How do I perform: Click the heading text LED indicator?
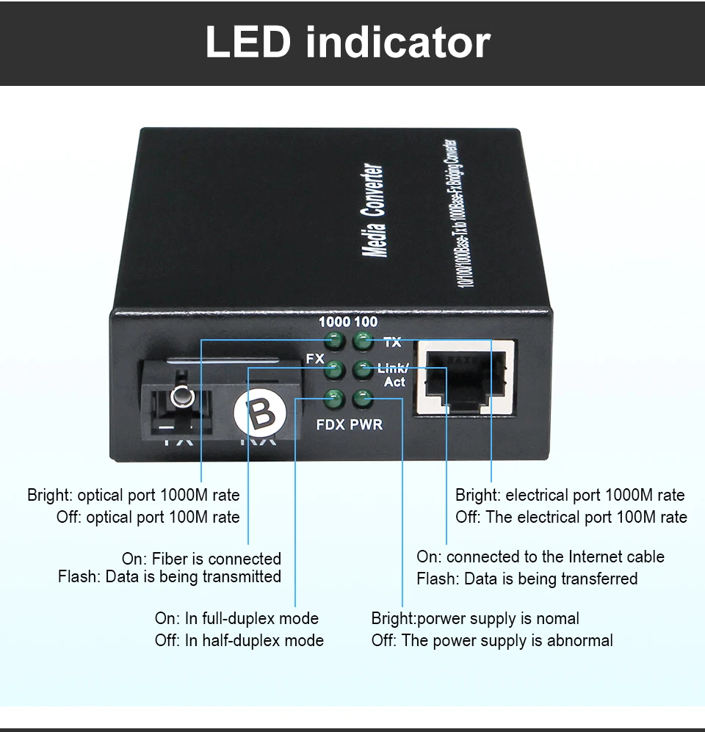point(347,43)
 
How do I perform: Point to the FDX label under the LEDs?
point(330,424)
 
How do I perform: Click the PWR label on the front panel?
point(366,424)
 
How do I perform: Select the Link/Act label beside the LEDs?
point(393,375)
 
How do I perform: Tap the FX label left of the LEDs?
point(314,359)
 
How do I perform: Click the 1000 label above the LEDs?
point(334,322)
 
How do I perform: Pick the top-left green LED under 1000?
point(335,341)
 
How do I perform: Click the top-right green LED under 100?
point(362,341)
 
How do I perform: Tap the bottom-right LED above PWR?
point(362,399)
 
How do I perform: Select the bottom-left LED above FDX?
point(335,399)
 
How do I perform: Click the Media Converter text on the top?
point(375,210)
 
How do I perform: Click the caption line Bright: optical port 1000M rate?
point(134,495)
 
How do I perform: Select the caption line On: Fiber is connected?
point(201,559)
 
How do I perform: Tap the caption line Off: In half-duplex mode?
point(239,640)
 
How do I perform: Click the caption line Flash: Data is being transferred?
point(527,579)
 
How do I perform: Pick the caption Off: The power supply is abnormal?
point(492,640)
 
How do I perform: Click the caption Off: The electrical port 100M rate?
point(571,517)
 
